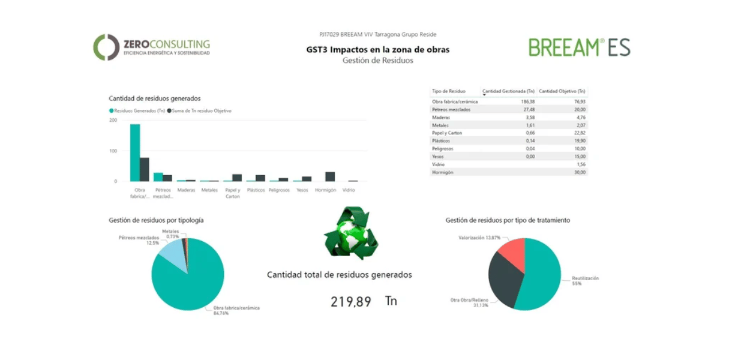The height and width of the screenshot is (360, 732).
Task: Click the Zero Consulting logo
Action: coord(151,47)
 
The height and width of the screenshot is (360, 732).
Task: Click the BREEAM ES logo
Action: coord(579,47)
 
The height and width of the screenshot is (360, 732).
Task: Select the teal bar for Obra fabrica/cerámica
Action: coord(135,152)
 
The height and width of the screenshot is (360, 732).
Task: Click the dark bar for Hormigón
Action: coord(330,176)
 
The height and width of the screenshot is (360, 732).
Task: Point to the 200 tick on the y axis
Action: coord(113,120)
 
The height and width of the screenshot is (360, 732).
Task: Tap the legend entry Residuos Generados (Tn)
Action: coord(137,111)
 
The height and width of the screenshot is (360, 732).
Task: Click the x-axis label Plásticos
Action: coord(256,190)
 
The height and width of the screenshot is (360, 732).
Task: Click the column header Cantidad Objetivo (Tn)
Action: coord(562,91)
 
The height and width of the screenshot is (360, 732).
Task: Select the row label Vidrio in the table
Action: coord(439,164)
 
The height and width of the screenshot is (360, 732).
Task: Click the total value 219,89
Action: coord(351,302)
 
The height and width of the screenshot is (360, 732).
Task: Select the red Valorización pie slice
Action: coord(512,252)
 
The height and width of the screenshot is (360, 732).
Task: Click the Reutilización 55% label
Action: coord(584,281)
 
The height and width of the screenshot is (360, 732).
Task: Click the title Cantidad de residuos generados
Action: coord(154,98)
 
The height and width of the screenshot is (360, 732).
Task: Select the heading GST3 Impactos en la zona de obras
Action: coord(377,50)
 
